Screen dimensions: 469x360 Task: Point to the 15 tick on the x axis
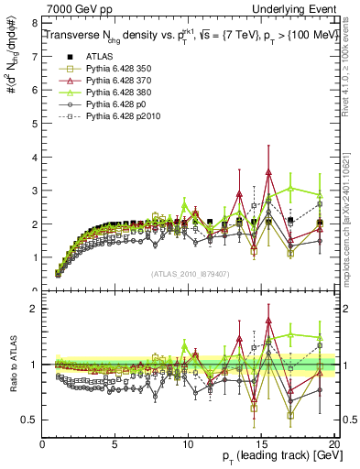click(261, 444)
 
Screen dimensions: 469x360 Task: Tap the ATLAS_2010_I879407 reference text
click(189, 272)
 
